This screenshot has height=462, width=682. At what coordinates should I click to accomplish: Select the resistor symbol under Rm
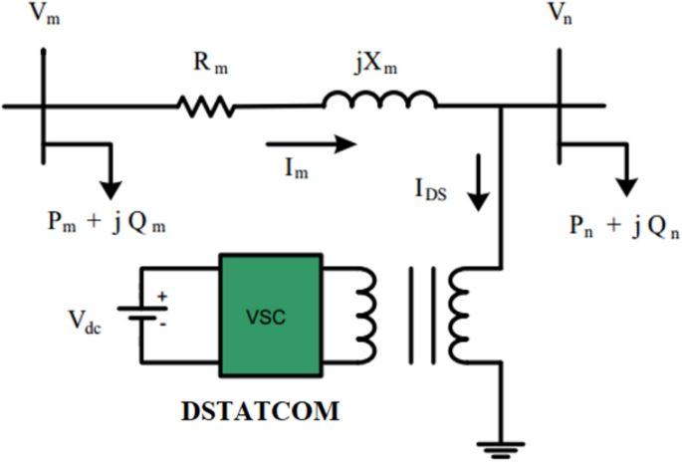[x=206, y=105]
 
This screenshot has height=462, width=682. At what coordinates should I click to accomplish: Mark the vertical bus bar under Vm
[x=43, y=110]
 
